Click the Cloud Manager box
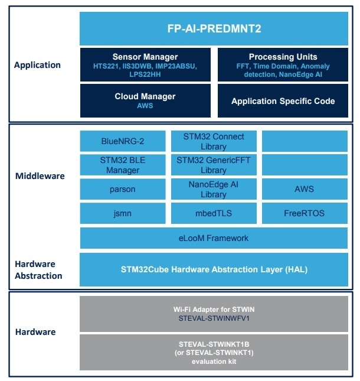tap(145, 100)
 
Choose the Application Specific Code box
tap(283, 100)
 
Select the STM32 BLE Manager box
tap(123, 165)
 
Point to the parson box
tap(123, 189)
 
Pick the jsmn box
tap(123, 213)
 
